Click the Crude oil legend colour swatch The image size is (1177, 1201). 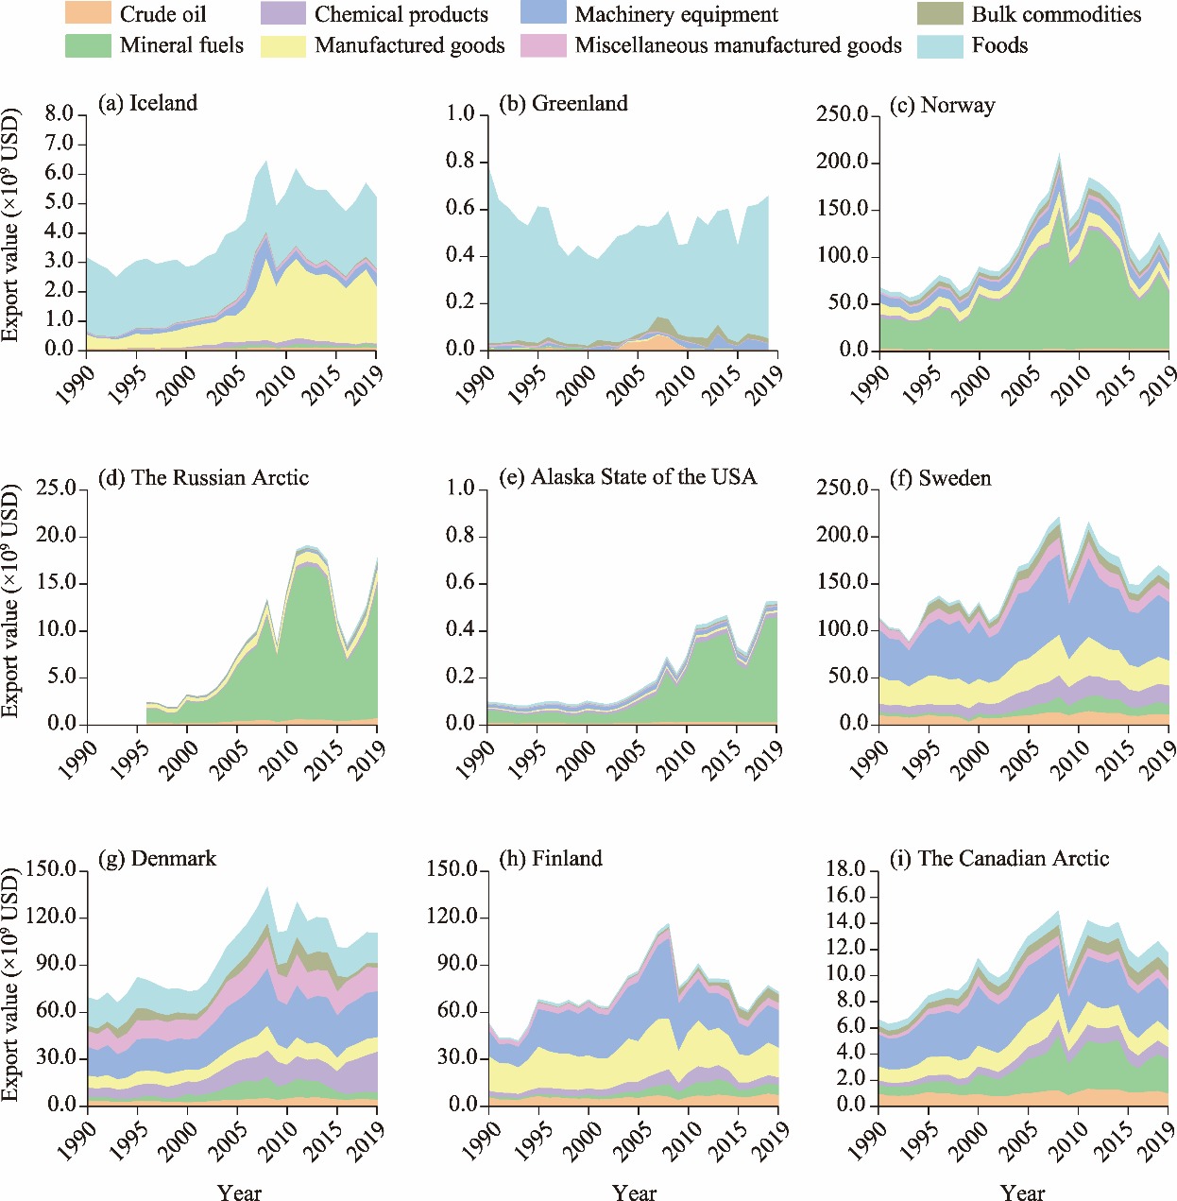[88, 14]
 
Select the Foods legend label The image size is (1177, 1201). [999, 45]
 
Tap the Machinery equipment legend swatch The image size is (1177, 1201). [543, 14]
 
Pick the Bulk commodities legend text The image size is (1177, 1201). [1056, 14]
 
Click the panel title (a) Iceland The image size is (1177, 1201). [147, 103]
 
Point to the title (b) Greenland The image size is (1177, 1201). [563, 103]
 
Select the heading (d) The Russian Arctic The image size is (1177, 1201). [203, 477]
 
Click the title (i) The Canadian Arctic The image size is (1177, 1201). [999, 858]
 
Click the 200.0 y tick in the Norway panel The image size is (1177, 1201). [843, 162]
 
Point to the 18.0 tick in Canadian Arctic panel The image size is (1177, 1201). [845, 869]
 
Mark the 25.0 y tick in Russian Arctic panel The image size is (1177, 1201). [56, 489]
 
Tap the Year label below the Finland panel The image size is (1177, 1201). [634, 1192]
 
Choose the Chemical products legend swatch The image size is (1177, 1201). [283, 14]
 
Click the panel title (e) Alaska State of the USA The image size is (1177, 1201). [628, 477]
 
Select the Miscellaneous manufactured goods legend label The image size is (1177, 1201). [738, 45]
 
